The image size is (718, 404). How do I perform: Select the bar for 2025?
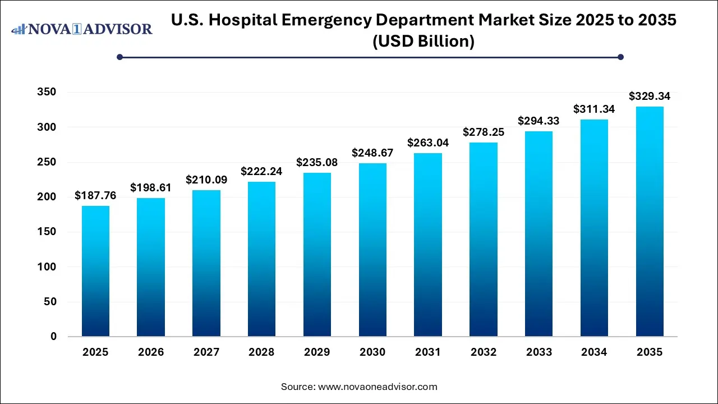pos(95,272)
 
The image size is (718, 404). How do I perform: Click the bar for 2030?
pos(372,250)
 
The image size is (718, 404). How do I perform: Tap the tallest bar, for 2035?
pos(650,222)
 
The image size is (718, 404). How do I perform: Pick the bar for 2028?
pos(261,259)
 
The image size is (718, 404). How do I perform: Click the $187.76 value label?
pos(95,195)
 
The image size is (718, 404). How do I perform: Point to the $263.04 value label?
pos(428,143)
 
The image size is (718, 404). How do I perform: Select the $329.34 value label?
pos(650,96)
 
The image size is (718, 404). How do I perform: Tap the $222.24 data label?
pos(261,171)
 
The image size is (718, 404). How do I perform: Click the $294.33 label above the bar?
pos(538,121)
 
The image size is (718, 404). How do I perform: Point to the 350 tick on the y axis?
pos(48,93)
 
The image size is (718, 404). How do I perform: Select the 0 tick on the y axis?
pos(53,337)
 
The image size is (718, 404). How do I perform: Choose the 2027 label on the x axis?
pos(206,352)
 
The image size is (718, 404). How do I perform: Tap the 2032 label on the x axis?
pos(484,352)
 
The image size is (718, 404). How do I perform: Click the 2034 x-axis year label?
pos(594,352)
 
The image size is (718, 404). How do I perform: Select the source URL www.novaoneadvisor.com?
pos(378,387)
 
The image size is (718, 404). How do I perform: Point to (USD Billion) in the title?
pos(424,41)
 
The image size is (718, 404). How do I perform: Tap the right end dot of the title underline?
pos(620,57)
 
